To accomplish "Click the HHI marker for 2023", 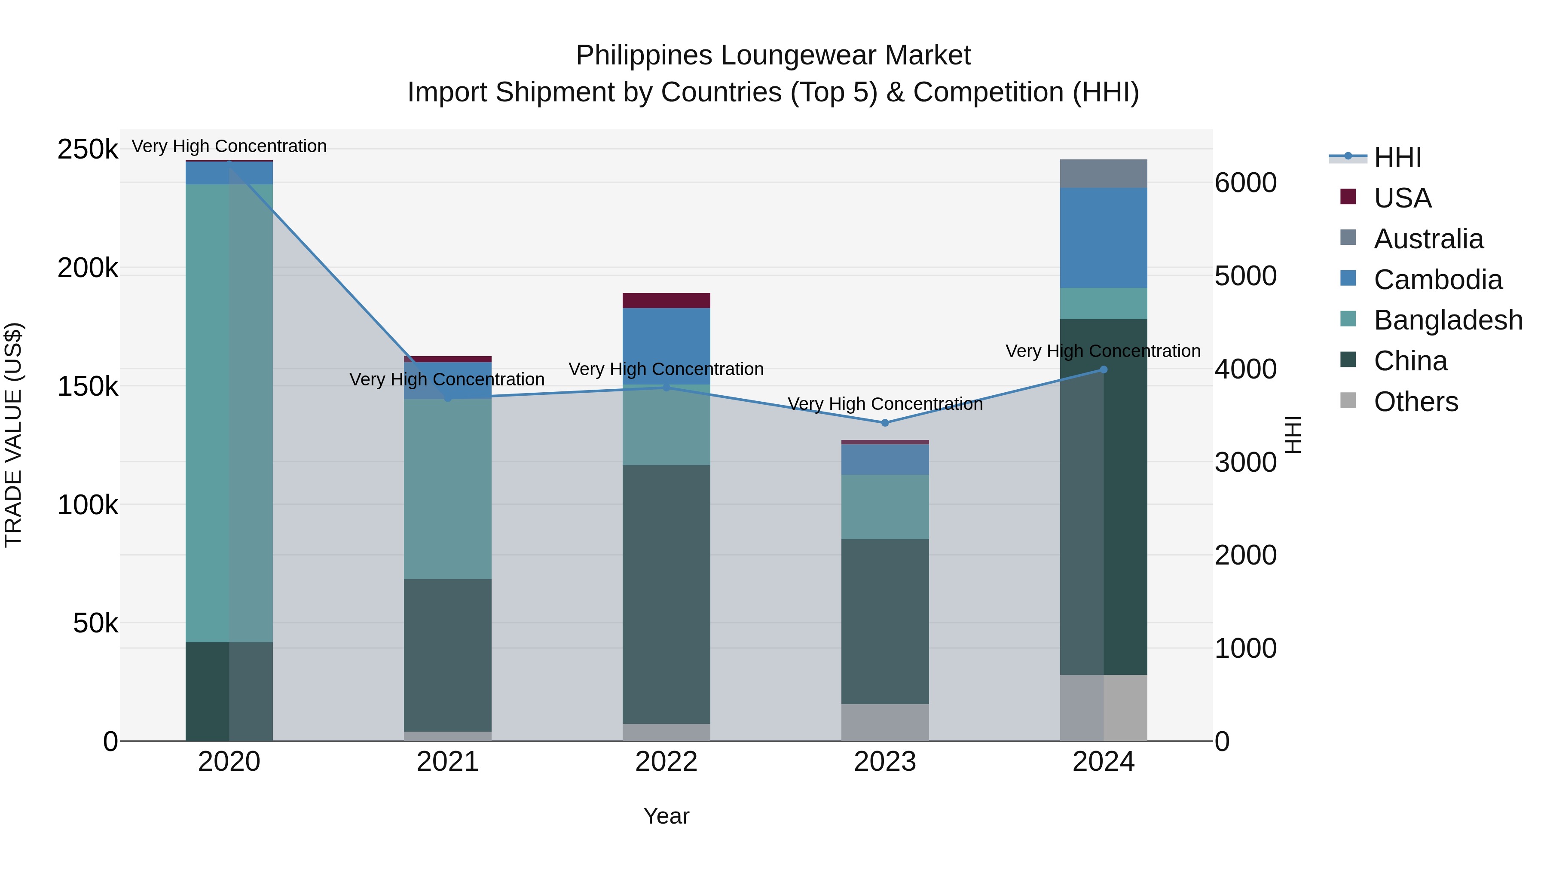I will (885, 423).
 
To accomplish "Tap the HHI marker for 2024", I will (1103, 370).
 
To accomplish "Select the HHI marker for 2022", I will (666, 387).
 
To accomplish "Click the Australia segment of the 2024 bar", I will (1103, 174).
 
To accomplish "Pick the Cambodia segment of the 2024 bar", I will (1103, 238).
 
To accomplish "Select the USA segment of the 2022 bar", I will (666, 300).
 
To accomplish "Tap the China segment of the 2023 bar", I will (885, 621).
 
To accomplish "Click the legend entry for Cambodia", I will (1438, 280).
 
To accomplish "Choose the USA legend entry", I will (1402, 198).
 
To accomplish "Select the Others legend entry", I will (1416, 402).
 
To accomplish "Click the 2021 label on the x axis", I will (447, 762).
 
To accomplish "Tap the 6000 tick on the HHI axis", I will (1245, 183).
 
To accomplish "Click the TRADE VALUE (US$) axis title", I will (14, 435).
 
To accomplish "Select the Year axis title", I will (666, 816).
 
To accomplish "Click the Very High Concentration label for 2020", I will (229, 146).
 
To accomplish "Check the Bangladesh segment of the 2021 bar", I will (447, 489).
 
